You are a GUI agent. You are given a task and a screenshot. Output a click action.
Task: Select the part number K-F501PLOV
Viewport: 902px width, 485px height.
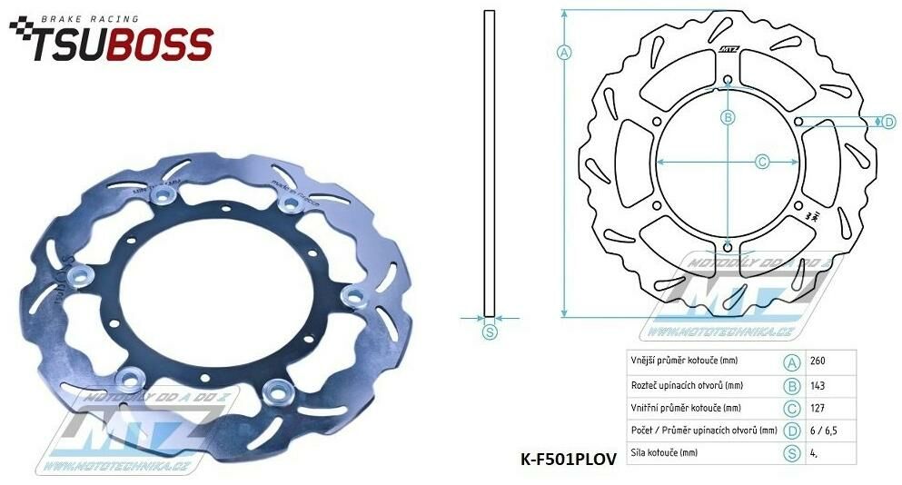pos(569,460)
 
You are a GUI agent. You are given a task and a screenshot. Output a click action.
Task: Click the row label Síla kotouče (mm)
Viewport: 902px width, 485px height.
pos(665,452)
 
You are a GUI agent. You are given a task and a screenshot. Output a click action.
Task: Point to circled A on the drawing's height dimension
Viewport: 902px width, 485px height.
pos(564,53)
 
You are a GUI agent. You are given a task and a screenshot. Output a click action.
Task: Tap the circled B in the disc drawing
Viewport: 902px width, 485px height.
pos(728,117)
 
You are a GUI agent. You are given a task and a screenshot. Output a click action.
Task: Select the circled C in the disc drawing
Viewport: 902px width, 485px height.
pos(763,162)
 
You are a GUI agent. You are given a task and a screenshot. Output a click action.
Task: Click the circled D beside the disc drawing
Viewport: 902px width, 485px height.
pos(889,122)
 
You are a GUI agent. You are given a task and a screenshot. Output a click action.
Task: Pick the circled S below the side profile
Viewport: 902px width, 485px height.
pos(490,332)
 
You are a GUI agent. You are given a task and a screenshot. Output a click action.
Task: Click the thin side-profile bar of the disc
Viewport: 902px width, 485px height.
pos(490,163)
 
